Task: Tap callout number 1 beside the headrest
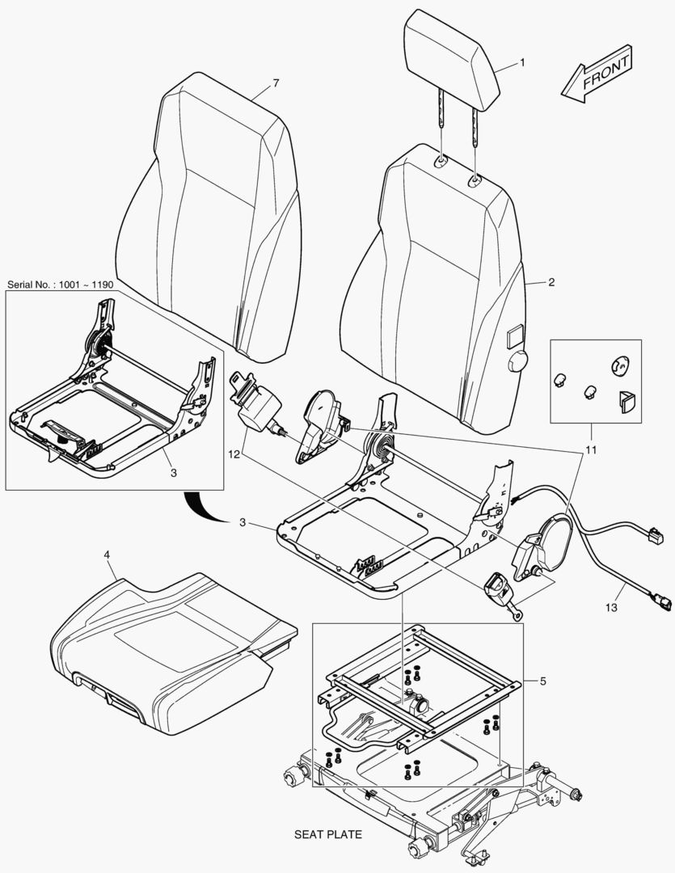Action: click(522, 62)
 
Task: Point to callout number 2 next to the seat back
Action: click(551, 283)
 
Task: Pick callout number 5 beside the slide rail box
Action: click(542, 681)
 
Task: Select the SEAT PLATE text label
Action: click(327, 834)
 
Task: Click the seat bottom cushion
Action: click(170, 647)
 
